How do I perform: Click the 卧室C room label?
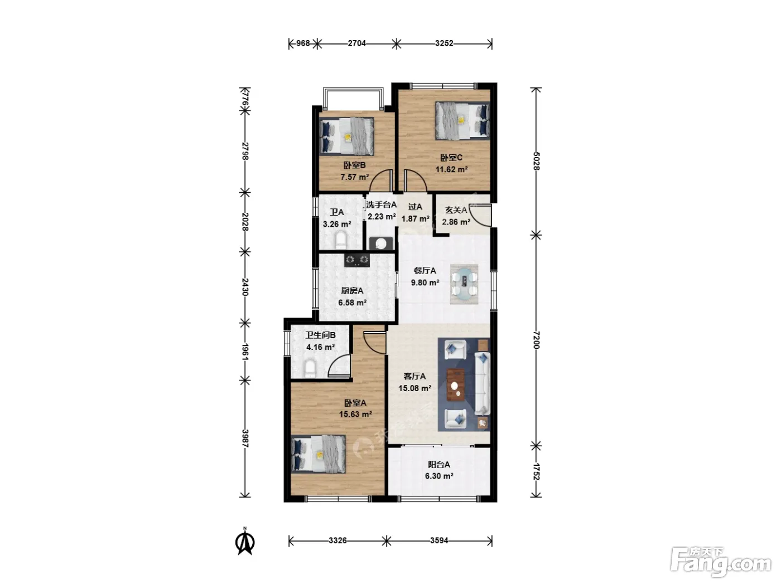point(451,157)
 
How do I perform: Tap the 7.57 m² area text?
point(354,177)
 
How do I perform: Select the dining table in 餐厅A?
point(464,284)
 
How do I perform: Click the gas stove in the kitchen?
point(357,260)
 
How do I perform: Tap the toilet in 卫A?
point(341,240)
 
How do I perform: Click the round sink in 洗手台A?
point(381,243)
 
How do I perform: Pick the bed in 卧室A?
point(319,454)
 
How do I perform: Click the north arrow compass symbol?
point(245,542)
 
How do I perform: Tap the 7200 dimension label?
point(536,340)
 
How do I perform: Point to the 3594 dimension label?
point(439,540)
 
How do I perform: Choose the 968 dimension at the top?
point(303,43)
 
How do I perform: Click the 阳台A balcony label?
point(439,464)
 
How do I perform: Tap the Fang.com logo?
point(720,563)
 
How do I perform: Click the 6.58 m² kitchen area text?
point(352,303)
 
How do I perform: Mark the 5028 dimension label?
point(536,161)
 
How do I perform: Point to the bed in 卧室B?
point(346,136)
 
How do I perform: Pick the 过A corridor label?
point(415,207)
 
